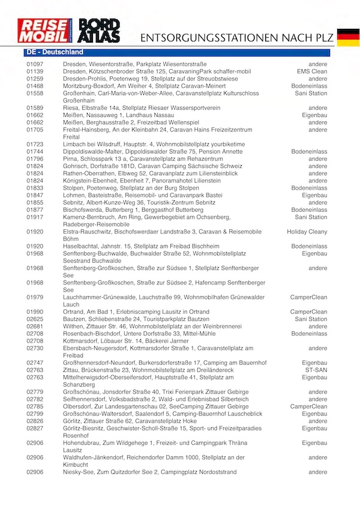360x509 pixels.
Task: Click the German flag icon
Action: [x=348, y=37]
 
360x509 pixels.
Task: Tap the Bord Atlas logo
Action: [x=100, y=32]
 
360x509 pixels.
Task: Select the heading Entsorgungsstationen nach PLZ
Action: [x=235, y=38]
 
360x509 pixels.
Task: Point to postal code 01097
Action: [x=35, y=64]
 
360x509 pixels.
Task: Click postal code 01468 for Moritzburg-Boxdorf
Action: [x=35, y=86]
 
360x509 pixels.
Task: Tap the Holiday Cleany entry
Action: [x=307, y=231]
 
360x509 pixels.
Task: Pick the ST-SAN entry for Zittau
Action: [x=316, y=370]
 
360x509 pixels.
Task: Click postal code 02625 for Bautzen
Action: [x=35, y=319]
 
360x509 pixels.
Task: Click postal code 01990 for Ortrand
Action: [x=35, y=312]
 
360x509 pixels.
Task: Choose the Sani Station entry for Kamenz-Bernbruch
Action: [x=311, y=217]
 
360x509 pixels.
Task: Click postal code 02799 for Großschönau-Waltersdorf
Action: [x=35, y=414]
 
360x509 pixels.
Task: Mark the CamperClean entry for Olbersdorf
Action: [x=308, y=406]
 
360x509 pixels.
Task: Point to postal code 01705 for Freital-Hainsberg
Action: [x=35, y=130]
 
